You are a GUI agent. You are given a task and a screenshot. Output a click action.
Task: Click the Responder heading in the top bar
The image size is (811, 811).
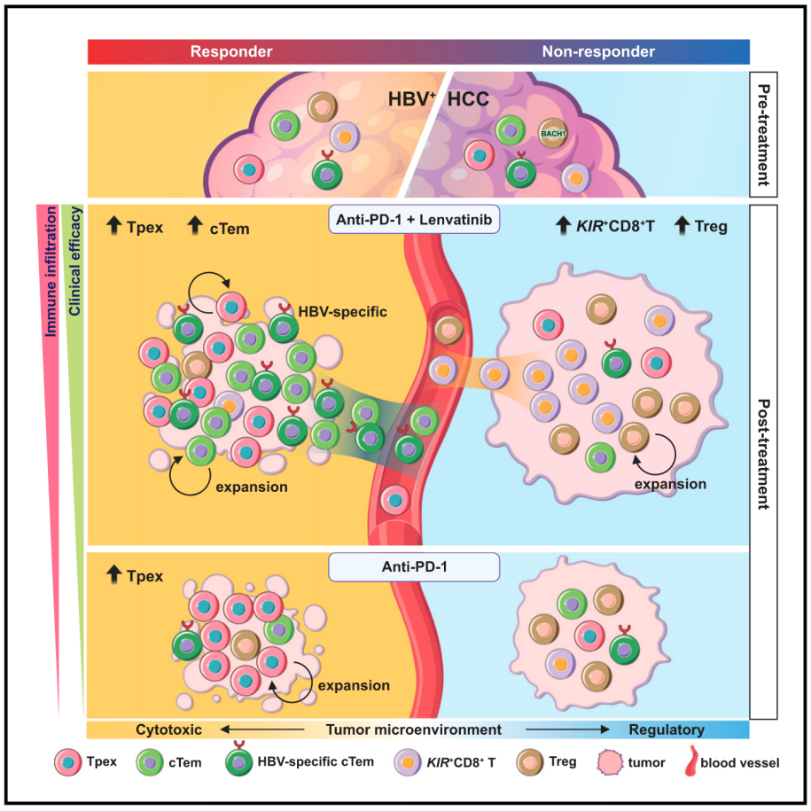(231, 51)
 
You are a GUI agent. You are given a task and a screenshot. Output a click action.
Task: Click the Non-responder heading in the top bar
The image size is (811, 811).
(598, 51)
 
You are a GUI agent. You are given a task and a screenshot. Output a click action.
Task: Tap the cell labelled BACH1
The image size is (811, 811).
(553, 134)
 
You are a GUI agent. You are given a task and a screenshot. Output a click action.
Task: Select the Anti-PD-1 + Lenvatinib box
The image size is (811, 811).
(414, 219)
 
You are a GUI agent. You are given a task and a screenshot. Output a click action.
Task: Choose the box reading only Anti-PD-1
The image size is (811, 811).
(414, 567)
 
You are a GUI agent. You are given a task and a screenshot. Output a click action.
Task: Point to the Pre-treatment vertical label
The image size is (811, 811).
(763, 135)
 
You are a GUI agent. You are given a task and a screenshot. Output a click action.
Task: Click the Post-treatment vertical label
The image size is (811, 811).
(763, 454)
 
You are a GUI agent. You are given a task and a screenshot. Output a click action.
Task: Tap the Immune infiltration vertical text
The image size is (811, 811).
(51, 271)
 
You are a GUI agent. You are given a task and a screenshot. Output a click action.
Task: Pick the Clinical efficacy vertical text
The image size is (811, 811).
(75, 261)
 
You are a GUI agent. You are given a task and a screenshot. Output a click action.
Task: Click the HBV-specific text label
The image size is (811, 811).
(342, 312)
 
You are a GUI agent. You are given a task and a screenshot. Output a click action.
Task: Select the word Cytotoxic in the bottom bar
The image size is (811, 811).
(168, 729)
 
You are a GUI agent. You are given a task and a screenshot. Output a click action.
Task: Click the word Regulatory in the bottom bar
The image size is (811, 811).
(667, 729)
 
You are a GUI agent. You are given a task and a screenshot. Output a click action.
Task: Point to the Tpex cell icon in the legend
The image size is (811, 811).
(67, 762)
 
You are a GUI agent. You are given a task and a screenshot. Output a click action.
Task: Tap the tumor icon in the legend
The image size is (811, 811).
(610, 762)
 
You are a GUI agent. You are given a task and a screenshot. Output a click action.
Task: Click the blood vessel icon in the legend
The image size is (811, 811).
(691, 761)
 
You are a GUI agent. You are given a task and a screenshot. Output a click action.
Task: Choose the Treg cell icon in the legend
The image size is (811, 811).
(530, 762)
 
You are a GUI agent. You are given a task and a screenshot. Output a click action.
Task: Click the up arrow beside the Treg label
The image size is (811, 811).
(682, 225)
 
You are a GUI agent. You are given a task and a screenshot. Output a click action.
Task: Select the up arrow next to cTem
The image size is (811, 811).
(194, 225)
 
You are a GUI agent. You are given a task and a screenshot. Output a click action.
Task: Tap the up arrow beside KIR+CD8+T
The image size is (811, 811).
(563, 225)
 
